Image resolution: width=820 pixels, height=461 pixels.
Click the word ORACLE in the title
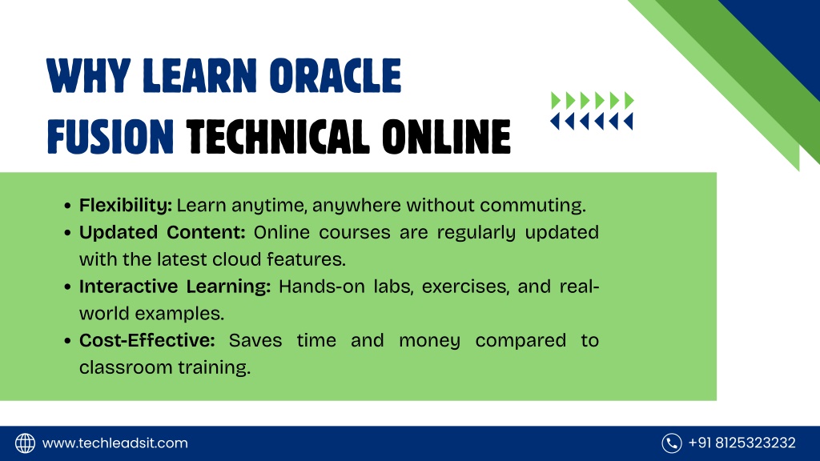coord(336,76)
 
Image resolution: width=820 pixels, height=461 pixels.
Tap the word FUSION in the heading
coord(111,137)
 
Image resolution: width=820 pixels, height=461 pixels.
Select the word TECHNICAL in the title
coord(278,137)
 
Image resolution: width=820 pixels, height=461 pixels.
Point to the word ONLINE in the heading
coord(446,137)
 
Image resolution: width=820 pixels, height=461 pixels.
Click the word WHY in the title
coord(88,76)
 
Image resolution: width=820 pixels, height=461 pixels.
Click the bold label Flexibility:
coord(126,206)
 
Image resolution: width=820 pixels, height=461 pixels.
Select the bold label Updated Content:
coord(162,232)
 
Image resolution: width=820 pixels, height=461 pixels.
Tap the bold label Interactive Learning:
coord(175,287)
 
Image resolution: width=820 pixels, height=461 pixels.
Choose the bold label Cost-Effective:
coord(147,340)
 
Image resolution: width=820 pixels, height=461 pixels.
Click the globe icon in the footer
coord(25,443)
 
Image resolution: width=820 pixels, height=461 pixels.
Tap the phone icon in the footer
coord(672,443)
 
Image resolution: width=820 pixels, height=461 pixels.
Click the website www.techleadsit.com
coord(115,443)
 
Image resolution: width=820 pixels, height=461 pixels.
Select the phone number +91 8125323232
coord(742,443)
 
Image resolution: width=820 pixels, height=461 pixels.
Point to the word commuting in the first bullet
coord(533,206)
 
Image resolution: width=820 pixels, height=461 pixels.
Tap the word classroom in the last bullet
coord(126,367)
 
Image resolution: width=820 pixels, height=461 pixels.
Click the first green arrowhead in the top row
coord(556,100)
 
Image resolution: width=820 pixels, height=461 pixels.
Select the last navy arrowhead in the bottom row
coord(628,122)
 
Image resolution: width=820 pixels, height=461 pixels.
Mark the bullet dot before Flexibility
coord(67,206)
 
